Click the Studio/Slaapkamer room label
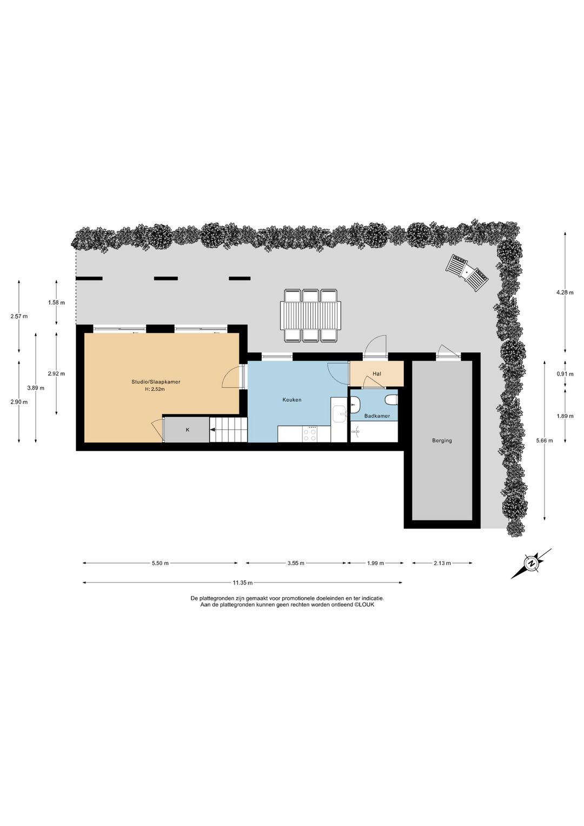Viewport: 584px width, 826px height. click(x=156, y=382)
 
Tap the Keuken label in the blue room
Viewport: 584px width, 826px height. click(x=292, y=400)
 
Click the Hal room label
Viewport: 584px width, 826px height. click(x=377, y=373)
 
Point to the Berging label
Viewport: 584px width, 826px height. click(x=442, y=441)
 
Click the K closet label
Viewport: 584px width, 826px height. click(x=188, y=430)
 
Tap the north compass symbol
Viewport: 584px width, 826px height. click(x=532, y=564)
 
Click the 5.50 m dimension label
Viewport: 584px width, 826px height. click(x=160, y=563)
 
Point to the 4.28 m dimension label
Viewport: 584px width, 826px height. click(x=565, y=293)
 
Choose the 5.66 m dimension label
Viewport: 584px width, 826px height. click(x=544, y=441)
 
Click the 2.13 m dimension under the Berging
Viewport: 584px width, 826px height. click(x=442, y=563)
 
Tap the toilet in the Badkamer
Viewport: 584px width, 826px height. click(x=391, y=400)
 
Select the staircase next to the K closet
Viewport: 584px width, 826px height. click(x=229, y=430)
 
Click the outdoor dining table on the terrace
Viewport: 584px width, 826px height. click(x=310, y=315)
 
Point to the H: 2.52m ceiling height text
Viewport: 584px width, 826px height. click(x=156, y=389)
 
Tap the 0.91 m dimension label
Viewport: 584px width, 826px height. click(x=565, y=374)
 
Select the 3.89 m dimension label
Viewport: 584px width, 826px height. click(x=36, y=388)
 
